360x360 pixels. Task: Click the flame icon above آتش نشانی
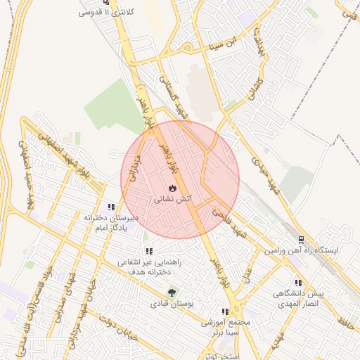click(x=172, y=188)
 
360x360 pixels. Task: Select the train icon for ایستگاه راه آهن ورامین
click(x=301, y=240)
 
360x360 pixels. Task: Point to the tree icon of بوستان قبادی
click(x=172, y=293)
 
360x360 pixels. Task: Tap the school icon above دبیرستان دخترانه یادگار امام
click(x=111, y=207)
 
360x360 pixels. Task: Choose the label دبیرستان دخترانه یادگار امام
click(x=112, y=223)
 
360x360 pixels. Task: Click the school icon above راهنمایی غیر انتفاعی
click(x=149, y=250)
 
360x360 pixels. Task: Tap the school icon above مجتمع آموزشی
click(x=225, y=311)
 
